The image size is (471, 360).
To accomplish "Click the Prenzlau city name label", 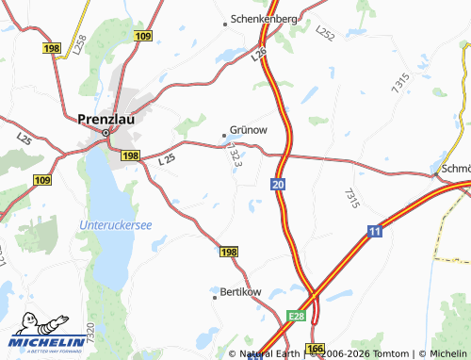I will pyautogui.click(x=106, y=120).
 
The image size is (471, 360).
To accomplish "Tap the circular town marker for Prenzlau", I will pyautogui.click(x=106, y=133).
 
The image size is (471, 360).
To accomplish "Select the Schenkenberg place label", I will pyautogui.click(x=265, y=19).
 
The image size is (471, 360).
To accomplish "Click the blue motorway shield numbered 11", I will pyautogui.click(x=375, y=231).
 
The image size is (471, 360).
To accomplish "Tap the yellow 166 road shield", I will pyautogui.click(x=315, y=350).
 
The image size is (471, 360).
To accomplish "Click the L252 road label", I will pyautogui.click(x=325, y=34).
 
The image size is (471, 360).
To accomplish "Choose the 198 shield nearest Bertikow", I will pyautogui.click(x=228, y=253).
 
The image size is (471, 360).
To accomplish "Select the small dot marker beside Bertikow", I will pyautogui.click(x=213, y=291).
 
